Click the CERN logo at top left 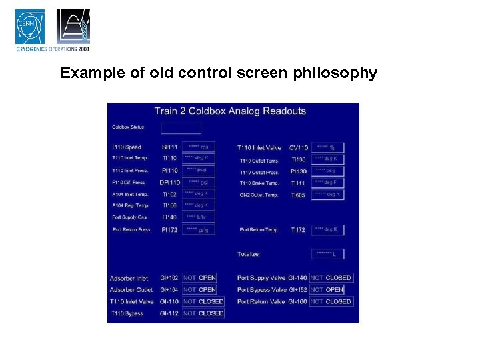click(30, 26)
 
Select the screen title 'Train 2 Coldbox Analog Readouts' click(230, 111)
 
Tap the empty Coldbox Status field click(181, 127)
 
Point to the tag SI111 click(169, 147)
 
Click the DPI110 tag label click(169, 182)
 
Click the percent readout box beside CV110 click(327, 147)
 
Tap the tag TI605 click(298, 195)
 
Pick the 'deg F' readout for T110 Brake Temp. click(327, 183)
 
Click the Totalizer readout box click(327, 254)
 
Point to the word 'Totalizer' click(249, 254)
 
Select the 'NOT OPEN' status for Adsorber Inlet click(199, 278)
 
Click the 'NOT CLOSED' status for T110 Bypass click(203, 313)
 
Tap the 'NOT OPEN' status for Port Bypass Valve click(326, 290)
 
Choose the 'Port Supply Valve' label click(261, 278)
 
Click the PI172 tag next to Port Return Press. click(169, 229)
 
